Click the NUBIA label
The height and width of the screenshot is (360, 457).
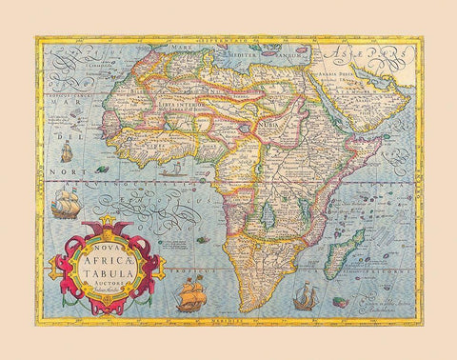261,125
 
